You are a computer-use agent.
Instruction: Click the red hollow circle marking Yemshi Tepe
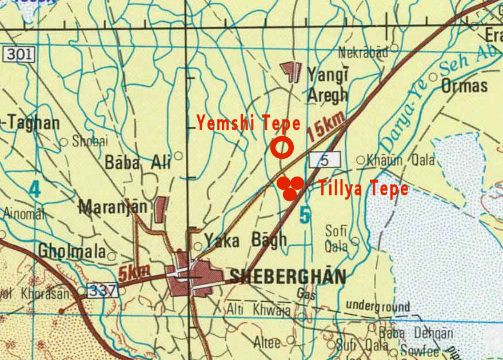click(x=282, y=147)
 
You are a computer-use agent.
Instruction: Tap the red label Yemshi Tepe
click(x=248, y=123)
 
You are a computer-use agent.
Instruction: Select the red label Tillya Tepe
click(x=364, y=189)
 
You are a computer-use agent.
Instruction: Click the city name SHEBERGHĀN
click(x=288, y=277)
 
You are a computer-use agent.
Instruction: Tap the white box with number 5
click(x=325, y=161)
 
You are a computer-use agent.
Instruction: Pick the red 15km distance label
click(x=326, y=126)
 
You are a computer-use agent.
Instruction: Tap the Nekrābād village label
click(x=363, y=53)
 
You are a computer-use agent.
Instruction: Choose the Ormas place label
click(x=464, y=86)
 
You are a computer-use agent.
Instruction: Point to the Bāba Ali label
click(x=137, y=162)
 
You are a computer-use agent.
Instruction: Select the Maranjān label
click(x=113, y=206)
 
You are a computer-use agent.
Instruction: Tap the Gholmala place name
click(x=72, y=251)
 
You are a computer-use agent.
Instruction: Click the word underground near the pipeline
click(x=378, y=307)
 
